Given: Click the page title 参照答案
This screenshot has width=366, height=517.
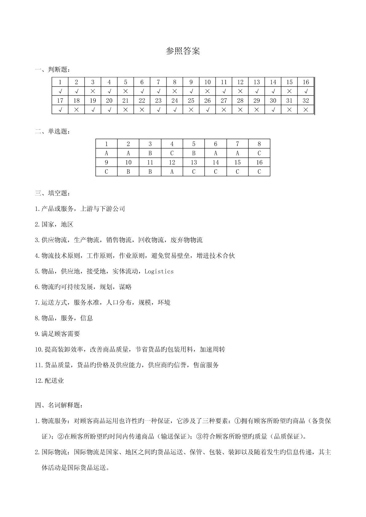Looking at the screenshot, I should click(183, 51).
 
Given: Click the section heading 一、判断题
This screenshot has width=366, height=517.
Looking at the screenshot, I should click(53, 70).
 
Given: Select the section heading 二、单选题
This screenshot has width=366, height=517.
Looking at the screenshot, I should click(53, 132).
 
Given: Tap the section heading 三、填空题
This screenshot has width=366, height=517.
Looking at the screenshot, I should click(53, 193).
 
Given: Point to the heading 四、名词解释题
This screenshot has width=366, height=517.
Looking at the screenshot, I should click(59, 405).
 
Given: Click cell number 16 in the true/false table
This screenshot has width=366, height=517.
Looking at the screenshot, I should click(305, 82).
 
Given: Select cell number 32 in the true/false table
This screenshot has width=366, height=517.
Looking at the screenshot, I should click(305, 101).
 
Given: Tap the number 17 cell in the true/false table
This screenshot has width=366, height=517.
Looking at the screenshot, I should click(60, 101).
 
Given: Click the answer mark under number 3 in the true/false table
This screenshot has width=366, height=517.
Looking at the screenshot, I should click(93, 91).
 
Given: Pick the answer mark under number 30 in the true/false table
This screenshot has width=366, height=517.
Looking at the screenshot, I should click(273, 110).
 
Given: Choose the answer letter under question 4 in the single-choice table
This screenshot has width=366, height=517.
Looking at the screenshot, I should click(172, 153).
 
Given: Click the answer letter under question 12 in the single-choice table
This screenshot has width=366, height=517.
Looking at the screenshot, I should click(172, 172).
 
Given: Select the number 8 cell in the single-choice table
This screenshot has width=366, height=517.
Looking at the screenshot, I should click(259, 144).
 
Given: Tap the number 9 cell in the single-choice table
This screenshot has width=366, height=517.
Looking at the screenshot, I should click(106, 162).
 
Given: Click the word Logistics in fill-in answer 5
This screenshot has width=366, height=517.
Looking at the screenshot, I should click(159, 272).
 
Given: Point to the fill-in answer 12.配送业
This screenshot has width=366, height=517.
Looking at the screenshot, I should click(49, 381).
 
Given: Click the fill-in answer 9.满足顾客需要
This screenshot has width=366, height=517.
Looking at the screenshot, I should click(57, 334).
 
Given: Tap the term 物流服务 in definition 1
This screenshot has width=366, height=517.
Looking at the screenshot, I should click(54, 421).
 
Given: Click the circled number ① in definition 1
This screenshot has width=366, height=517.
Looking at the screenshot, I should click(237, 421).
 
